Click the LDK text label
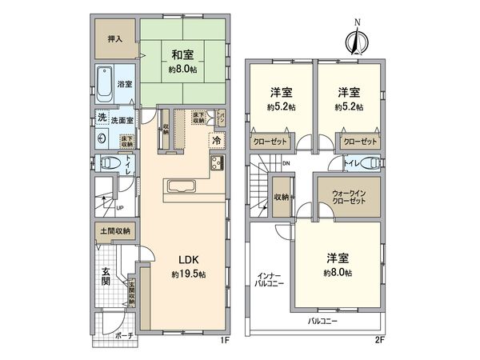pyautogui.click(x=188, y=260)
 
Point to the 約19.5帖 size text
pyautogui.click(x=188, y=274)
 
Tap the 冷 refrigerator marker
pyautogui.click(x=216, y=141)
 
